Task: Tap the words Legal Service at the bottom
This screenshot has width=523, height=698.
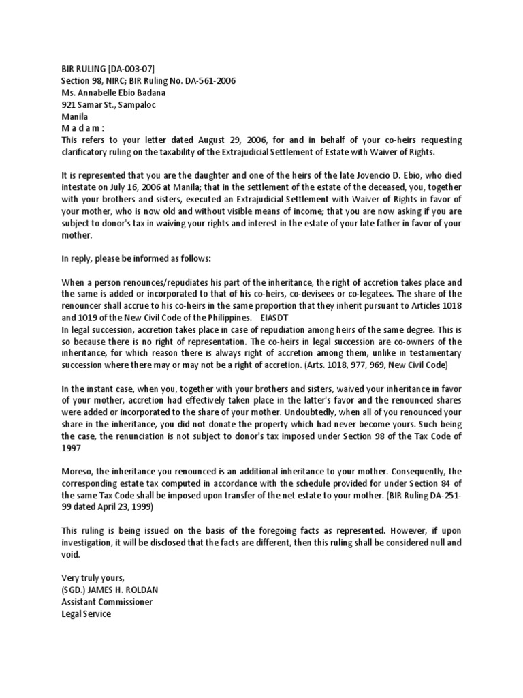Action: coord(86,614)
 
